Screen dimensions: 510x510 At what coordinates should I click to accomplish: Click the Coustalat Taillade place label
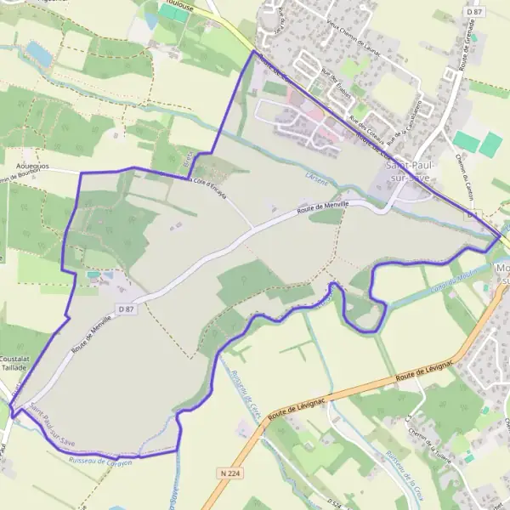16,364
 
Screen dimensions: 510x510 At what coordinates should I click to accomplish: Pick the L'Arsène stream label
317,176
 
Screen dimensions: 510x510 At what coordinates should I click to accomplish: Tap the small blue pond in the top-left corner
38,53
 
